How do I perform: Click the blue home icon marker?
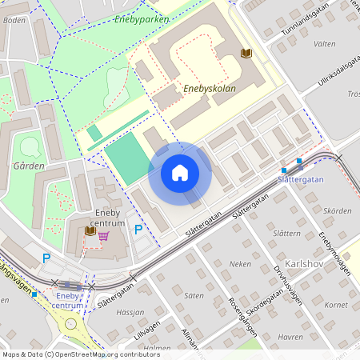pyautogui.click(x=180, y=173)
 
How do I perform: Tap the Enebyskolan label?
pyautogui.click(x=210, y=89)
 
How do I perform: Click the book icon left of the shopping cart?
pyautogui.click(x=89, y=231)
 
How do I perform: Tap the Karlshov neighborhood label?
pyautogui.click(x=309, y=263)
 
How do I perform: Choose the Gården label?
pyautogui.click(x=28, y=166)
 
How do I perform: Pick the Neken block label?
pyautogui.click(x=240, y=263)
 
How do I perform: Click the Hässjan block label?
pyautogui.click(x=131, y=312)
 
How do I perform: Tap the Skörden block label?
pyautogui.click(x=338, y=210)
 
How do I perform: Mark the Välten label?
pyautogui.click(x=325, y=44)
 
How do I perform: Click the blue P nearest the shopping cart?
pyautogui.click(x=138, y=230)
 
